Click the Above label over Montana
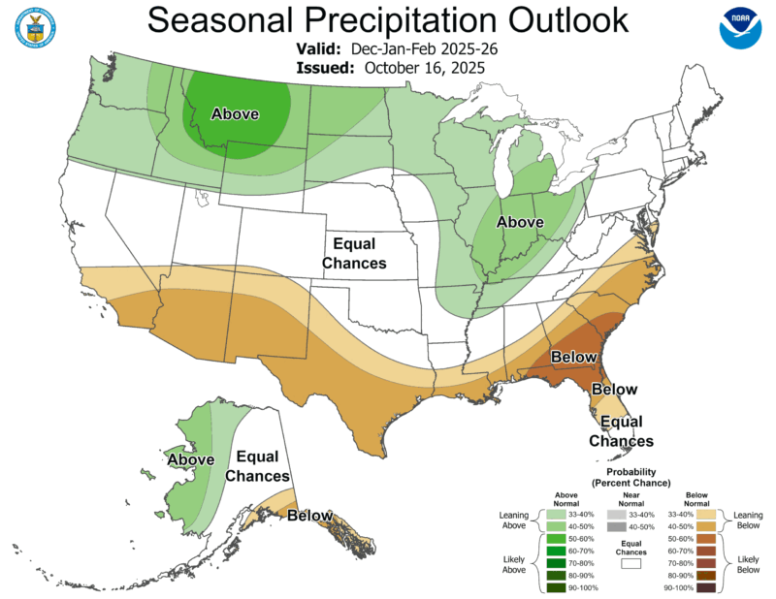click(235, 113)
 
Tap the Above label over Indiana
click(520, 222)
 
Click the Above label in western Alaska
click(190, 458)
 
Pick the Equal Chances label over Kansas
click(359, 252)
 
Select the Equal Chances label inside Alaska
click(257, 466)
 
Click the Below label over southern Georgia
click(573, 357)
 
